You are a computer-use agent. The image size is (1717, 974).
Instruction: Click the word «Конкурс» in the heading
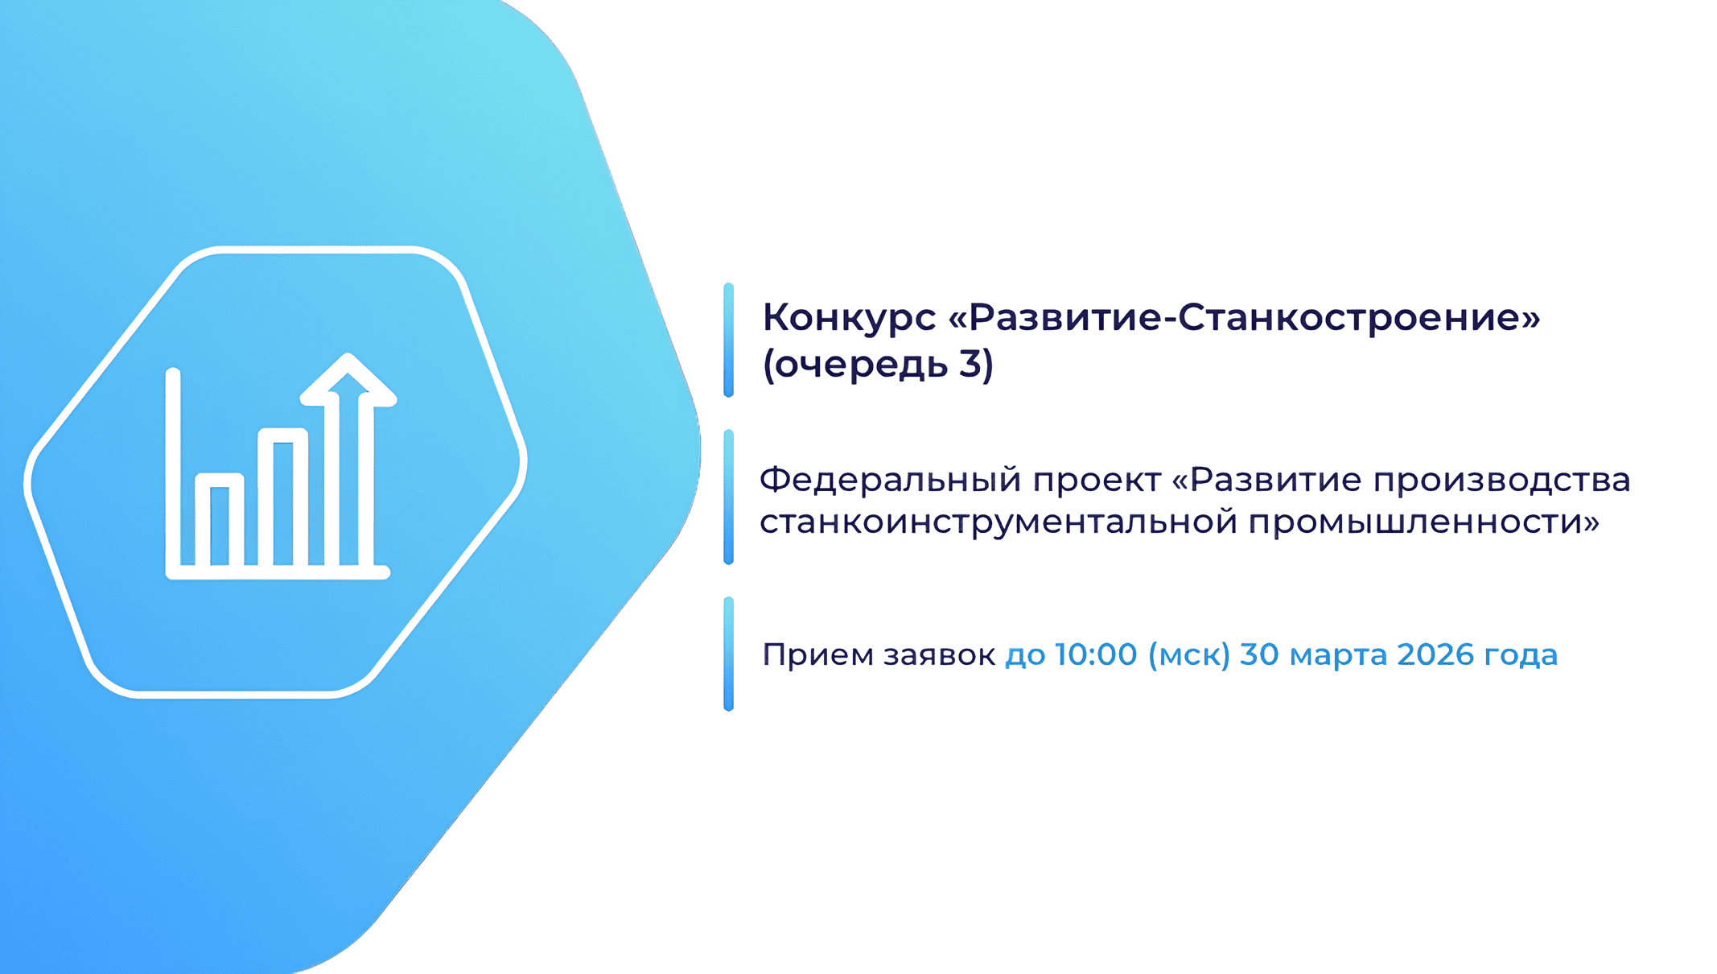[x=849, y=319]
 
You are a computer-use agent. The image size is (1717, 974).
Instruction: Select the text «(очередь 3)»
[x=878, y=365]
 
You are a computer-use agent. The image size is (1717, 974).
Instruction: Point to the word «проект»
[x=1097, y=481]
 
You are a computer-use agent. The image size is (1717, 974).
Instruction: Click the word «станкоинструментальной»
[x=998, y=523]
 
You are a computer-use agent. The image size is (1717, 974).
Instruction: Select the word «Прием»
[x=817, y=654]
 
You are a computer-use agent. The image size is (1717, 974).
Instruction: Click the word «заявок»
[x=939, y=655]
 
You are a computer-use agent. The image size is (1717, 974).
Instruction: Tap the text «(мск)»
[x=1189, y=655]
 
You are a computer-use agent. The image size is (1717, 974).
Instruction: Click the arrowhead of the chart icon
[x=348, y=379]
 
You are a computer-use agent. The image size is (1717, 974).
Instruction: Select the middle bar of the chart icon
[x=283, y=497]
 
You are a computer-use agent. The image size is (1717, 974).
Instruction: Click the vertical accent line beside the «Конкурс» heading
[x=728, y=340]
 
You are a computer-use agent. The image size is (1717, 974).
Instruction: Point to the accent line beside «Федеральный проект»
[x=728, y=497]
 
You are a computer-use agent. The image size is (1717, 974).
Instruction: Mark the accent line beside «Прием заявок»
[x=728, y=654]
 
